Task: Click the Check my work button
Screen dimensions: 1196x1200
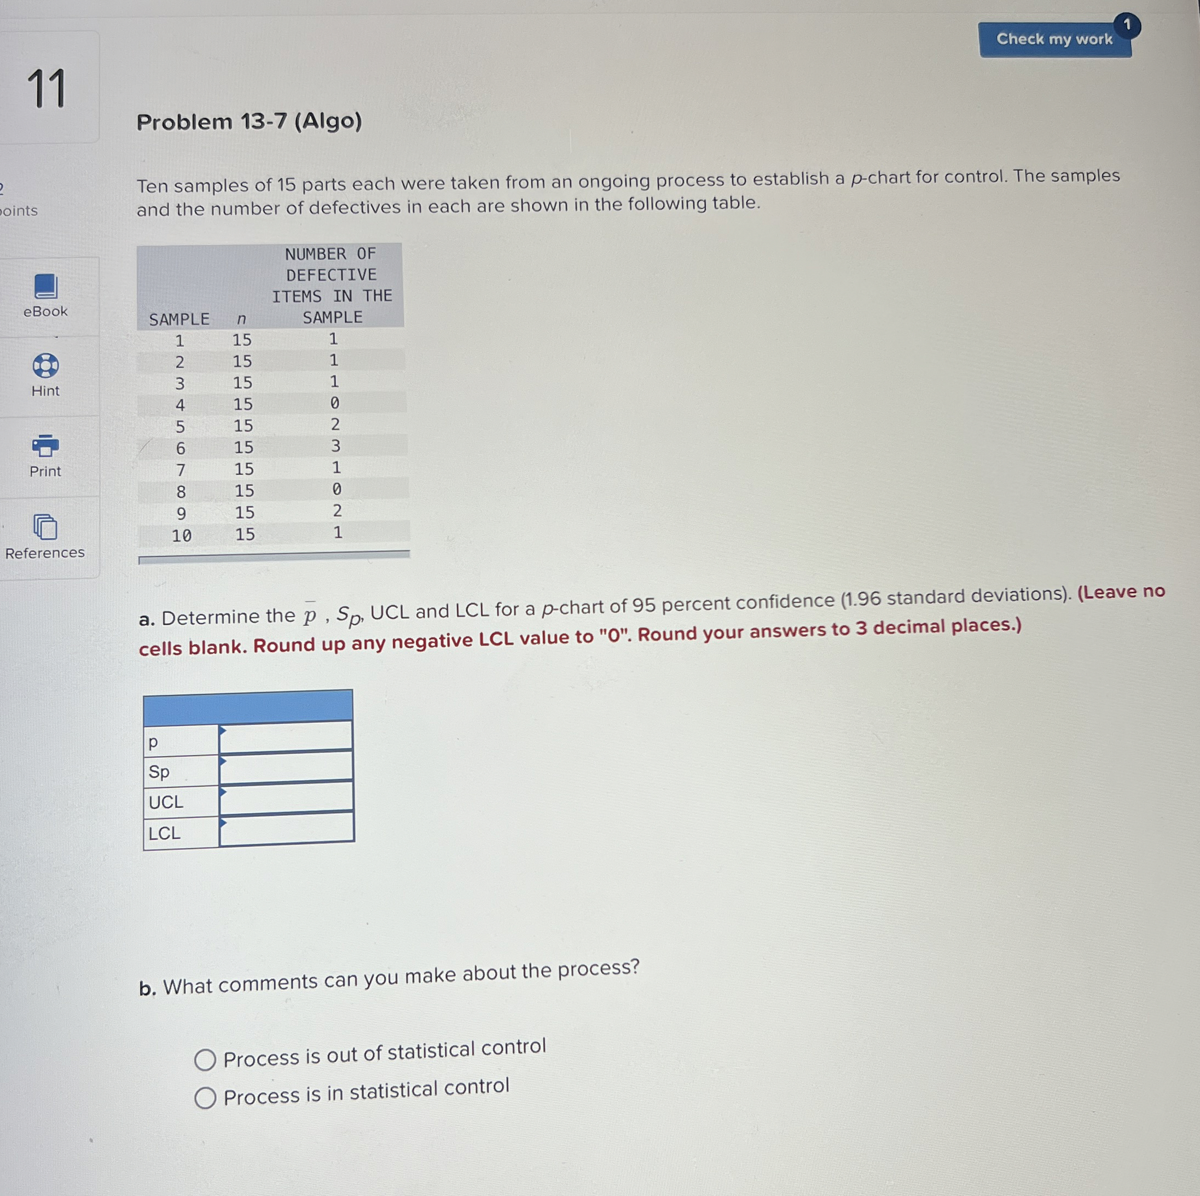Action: click(x=1053, y=40)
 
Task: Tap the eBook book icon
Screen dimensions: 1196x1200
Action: click(x=45, y=286)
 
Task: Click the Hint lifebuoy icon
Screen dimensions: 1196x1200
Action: click(x=45, y=366)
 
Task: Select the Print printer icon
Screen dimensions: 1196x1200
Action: click(x=45, y=445)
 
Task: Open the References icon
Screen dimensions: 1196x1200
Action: click(x=45, y=527)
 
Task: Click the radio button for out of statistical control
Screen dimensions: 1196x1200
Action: click(x=205, y=1059)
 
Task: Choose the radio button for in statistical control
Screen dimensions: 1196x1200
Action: click(x=205, y=1098)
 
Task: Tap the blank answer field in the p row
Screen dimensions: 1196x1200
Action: click(x=286, y=737)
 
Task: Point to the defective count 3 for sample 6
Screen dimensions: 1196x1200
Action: click(x=335, y=446)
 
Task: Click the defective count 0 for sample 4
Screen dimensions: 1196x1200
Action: click(x=335, y=403)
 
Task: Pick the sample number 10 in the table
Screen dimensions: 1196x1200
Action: click(x=181, y=535)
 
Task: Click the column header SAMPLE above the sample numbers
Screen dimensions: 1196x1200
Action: click(x=179, y=319)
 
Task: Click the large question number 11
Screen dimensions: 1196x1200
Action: click(x=47, y=89)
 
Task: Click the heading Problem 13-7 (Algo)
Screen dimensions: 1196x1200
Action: click(x=249, y=121)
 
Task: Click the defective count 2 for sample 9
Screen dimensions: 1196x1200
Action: click(x=337, y=511)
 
